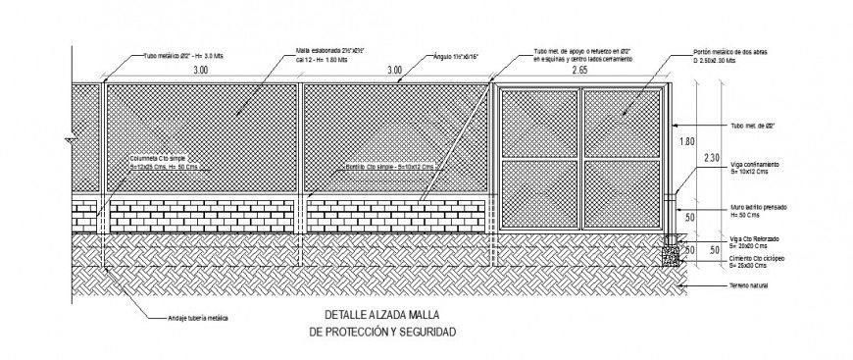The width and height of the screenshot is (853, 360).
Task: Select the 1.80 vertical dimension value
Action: click(686, 141)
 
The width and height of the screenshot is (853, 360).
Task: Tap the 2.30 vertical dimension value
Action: click(711, 157)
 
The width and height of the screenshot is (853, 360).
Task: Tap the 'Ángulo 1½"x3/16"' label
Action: click(454, 57)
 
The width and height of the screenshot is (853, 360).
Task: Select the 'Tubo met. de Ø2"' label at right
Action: click(754, 126)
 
